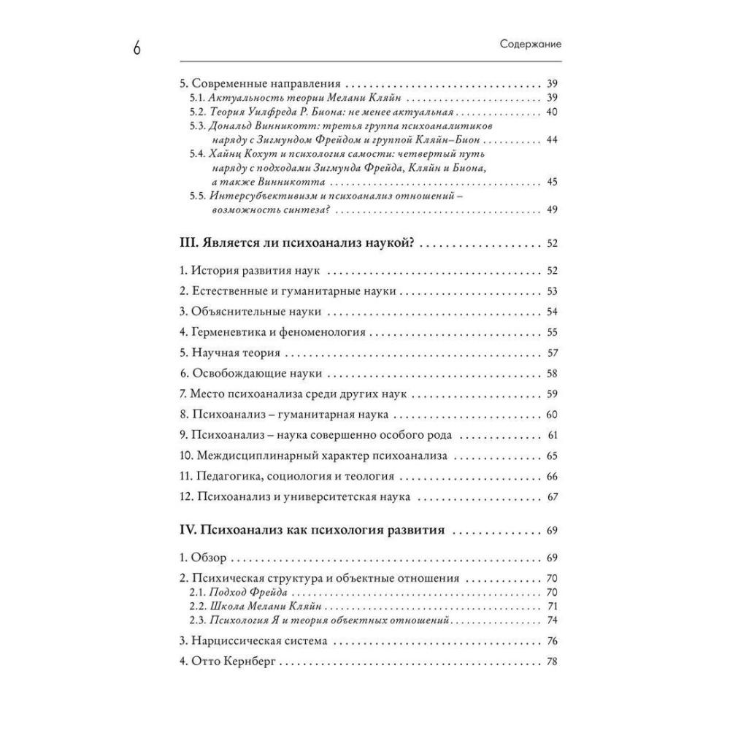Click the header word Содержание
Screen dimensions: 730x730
coord(530,44)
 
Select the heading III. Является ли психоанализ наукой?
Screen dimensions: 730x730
coord(296,242)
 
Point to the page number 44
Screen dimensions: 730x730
coord(552,140)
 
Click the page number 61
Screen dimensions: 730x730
coord(552,436)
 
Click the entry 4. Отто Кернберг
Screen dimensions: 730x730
coord(229,663)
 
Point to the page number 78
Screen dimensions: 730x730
coord(552,663)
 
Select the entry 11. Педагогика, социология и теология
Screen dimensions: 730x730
coord(286,477)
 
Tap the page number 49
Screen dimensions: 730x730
coord(552,210)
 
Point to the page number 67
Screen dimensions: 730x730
coord(552,498)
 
